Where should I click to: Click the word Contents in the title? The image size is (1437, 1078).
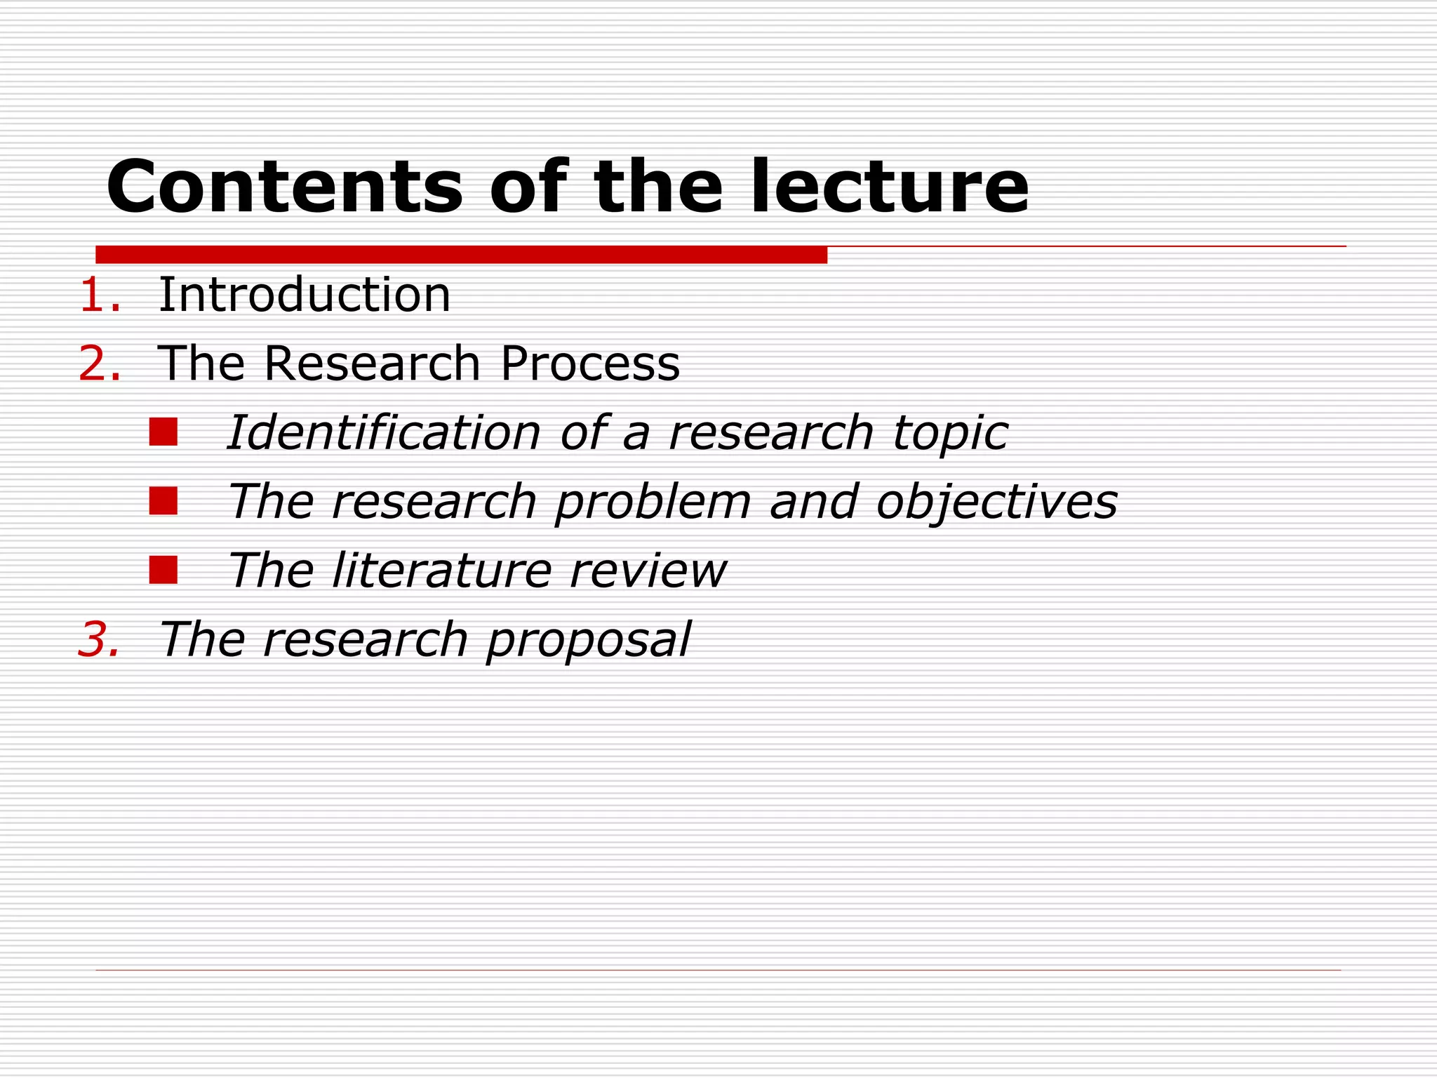[284, 187]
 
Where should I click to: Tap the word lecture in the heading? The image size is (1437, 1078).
[889, 187]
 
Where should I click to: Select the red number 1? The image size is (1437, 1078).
[99, 295]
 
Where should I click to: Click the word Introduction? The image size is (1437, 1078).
[305, 295]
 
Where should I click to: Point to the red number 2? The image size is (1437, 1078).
[99, 364]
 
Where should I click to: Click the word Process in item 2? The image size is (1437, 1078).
[590, 364]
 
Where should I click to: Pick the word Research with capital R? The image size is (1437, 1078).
[372, 364]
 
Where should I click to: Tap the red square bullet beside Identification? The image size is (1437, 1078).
[163, 432]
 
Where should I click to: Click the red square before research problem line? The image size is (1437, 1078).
[163, 501]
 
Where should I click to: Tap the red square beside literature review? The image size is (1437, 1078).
[163, 570]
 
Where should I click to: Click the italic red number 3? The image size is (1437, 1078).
[99, 639]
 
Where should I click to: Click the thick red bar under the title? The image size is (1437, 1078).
[461, 255]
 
